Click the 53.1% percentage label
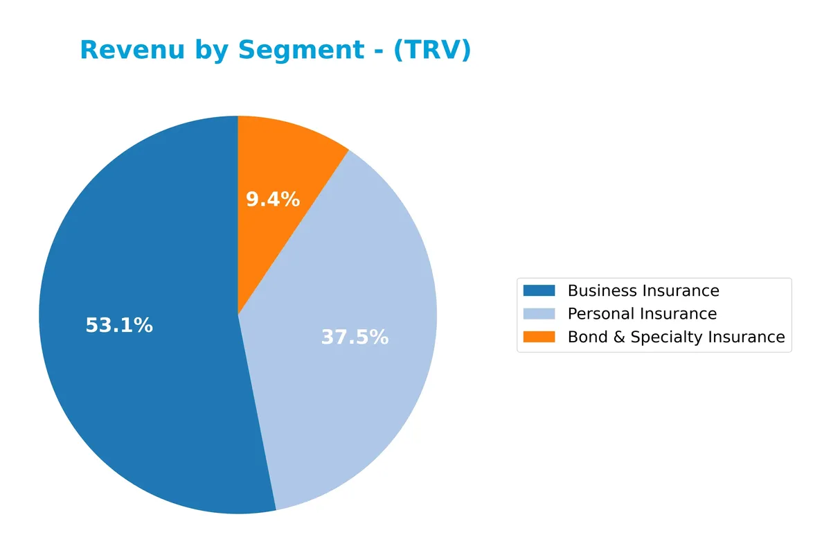[x=119, y=325]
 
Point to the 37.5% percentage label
[x=355, y=337]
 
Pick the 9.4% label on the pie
[x=273, y=200]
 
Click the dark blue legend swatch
[x=539, y=290]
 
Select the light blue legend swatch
[x=539, y=314]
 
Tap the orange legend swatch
[x=539, y=337]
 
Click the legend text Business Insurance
[x=643, y=290]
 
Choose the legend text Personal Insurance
[x=642, y=314]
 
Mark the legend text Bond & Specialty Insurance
[x=676, y=337]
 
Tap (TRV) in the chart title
[x=432, y=50]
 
